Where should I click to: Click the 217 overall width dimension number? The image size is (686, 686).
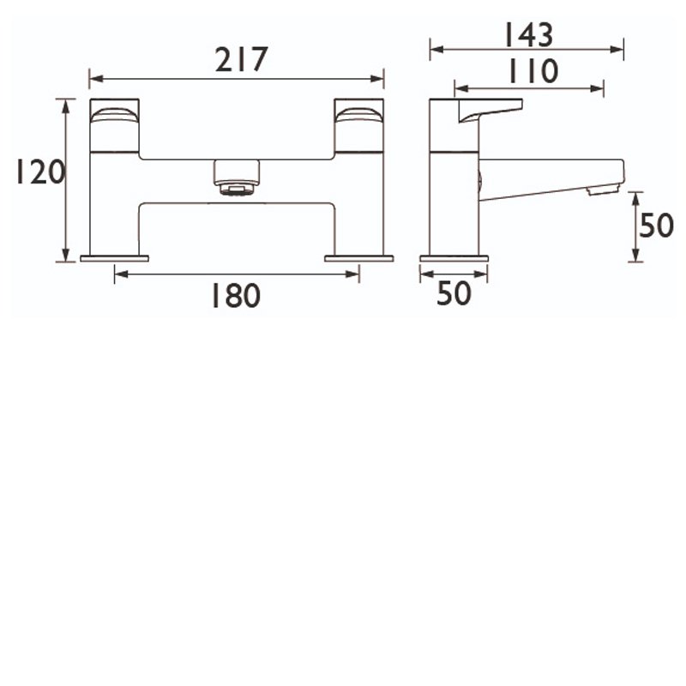(x=241, y=60)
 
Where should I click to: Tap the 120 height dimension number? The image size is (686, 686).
(x=39, y=173)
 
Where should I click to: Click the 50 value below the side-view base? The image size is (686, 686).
(x=454, y=293)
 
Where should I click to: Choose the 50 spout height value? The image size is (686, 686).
(x=656, y=226)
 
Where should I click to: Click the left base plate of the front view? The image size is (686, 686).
(x=114, y=258)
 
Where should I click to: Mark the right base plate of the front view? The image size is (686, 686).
(x=358, y=258)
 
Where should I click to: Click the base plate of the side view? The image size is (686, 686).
(x=454, y=258)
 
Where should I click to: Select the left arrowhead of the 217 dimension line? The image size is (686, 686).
(x=93, y=79)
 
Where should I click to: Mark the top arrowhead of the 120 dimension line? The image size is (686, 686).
(x=64, y=102)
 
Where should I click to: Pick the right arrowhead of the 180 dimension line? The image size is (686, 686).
(x=355, y=274)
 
